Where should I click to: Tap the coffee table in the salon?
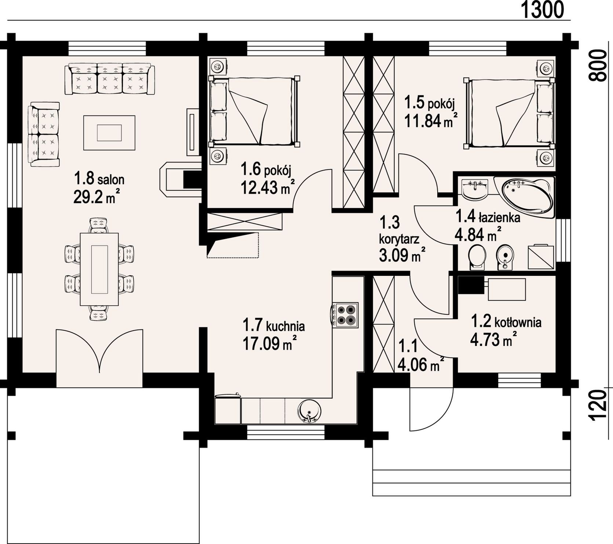tap(109, 132)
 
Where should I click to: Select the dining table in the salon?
tap(99, 269)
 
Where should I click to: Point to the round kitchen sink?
tap(309, 411)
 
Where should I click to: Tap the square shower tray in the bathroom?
tap(540, 257)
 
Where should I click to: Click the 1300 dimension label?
tap(542, 10)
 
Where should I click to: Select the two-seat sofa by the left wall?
tap(44, 134)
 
